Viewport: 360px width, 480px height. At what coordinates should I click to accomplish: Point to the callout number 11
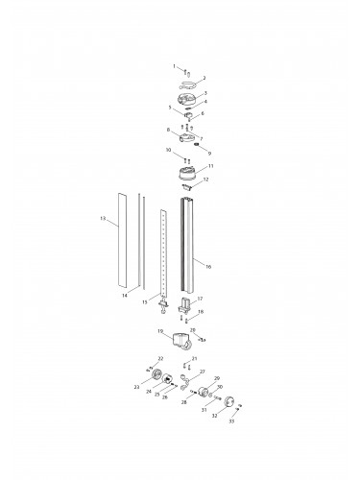210,166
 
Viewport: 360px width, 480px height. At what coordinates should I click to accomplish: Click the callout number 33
230,421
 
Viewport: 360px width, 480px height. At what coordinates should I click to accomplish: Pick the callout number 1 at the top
174,66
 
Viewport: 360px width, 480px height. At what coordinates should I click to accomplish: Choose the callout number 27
202,371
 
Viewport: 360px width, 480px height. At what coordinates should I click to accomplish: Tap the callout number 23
136,387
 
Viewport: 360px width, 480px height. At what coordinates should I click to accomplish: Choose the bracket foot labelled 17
187,306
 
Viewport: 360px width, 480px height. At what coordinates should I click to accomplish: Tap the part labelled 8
185,135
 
